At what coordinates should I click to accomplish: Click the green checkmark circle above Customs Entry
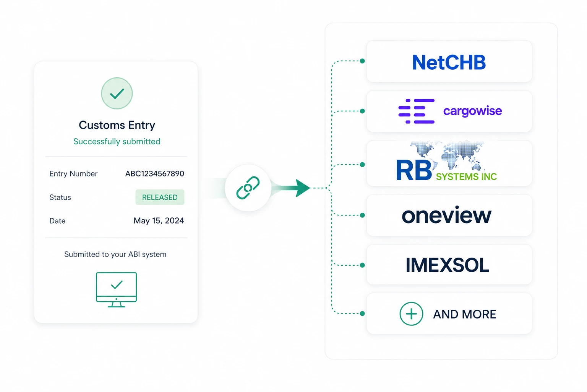coord(117,93)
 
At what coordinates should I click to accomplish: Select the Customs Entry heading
coord(117,125)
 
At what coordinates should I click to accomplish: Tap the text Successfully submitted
coord(117,142)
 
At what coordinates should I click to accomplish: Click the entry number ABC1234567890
coord(154,174)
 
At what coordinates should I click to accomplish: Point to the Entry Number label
coord(73,174)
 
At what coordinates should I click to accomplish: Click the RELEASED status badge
coord(160,197)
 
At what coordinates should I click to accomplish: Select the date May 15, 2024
coord(159,221)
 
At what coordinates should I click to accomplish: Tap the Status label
coord(60,198)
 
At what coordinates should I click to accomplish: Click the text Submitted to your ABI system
coord(115,255)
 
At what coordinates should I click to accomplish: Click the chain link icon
coord(248,188)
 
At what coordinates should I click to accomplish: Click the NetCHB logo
coord(449,62)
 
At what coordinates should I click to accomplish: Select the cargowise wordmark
coord(472,111)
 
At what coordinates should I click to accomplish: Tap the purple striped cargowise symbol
coord(416,111)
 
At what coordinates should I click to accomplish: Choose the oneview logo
coord(446,216)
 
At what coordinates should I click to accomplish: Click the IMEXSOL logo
coord(447,265)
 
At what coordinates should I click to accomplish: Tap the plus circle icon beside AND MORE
coord(411,314)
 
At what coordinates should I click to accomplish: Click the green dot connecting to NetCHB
coord(362,61)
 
